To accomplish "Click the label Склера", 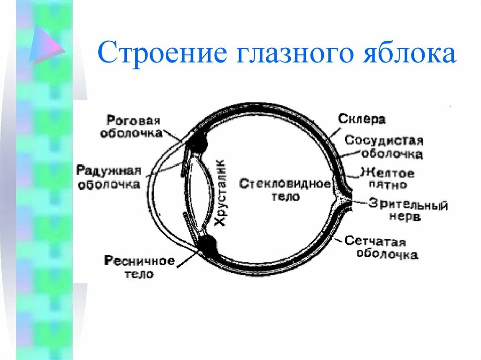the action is click(x=362, y=119).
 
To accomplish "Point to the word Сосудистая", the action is click(x=384, y=141).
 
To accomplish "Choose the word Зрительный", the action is click(x=408, y=205).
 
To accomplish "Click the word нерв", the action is click(x=404, y=217).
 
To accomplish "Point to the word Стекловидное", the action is click(x=285, y=184).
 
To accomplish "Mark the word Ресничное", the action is click(x=140, y=261).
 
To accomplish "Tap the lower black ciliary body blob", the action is click(x=207, y=245).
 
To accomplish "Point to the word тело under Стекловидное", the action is click(x=285, y=196).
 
